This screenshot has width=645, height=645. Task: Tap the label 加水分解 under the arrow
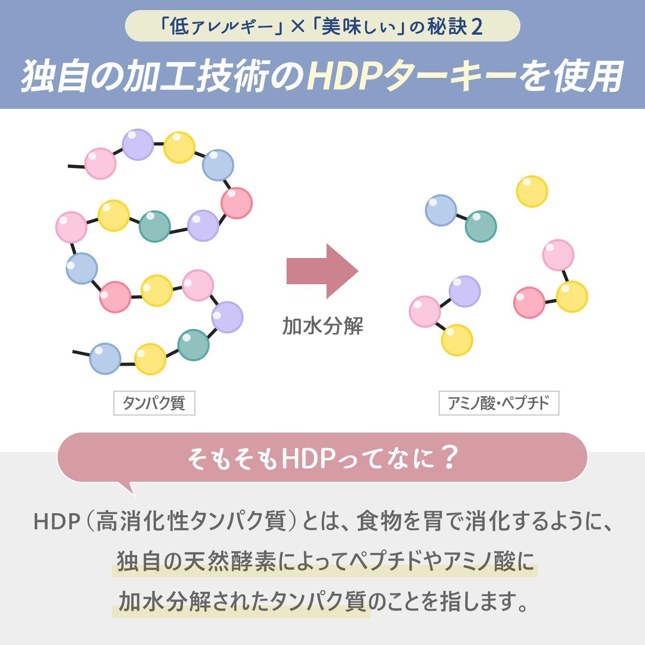[322, 326]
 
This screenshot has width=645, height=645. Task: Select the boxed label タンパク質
[154, 403]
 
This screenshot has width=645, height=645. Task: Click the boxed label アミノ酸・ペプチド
[499, 403]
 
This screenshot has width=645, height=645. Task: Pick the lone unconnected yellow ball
[532, 191]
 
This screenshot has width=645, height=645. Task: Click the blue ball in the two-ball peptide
[441, 210]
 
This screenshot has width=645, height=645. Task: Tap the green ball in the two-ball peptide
[481, 226]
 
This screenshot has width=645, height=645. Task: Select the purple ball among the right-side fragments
[464, 291]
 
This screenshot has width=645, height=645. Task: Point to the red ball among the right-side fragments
[529, 302]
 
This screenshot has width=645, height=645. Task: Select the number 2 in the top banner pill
[476, 27]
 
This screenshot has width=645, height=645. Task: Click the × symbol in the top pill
[298, 27]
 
